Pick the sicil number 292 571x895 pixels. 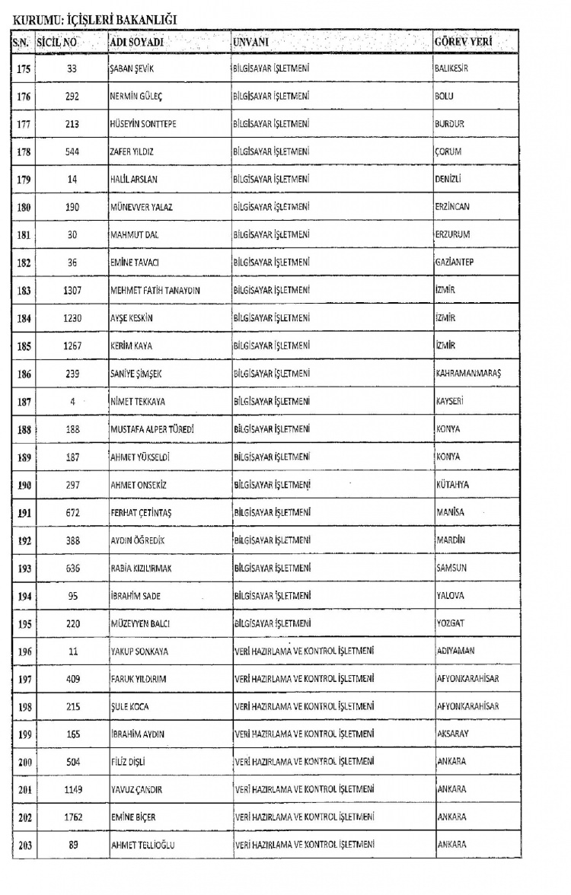coord(72,96)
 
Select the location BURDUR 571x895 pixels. coord(449,123)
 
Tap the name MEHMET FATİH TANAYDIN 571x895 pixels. coord(155,290)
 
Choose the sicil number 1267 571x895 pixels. coord(72,346)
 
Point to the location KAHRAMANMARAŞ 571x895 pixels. coord(468,373)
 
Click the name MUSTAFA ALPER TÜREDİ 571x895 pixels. coord(152,429)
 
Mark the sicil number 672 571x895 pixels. coord(72,512)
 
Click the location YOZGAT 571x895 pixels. coord(449,623)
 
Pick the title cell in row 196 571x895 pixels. coord(305,651)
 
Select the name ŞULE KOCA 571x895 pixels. coord(129,706)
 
